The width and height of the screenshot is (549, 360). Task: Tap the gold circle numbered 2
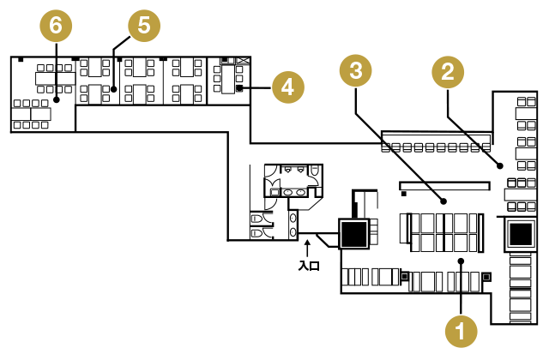coord(446,73)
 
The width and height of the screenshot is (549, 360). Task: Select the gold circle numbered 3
coord(355,72)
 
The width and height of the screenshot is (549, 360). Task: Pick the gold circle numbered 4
coord(287,87)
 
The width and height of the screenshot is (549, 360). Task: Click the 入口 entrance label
coord(308,267)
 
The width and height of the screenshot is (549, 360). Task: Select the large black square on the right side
coord(520,233)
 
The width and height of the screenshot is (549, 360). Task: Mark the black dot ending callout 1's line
coord(462,260)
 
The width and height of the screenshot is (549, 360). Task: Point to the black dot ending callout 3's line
coord(443,201)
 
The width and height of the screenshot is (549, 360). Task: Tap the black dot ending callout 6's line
coord(56,100)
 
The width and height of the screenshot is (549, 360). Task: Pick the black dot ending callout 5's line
coord(113,87)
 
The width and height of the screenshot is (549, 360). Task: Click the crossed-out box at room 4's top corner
coord(244,60)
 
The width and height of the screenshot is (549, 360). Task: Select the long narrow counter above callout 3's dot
coord(443,185)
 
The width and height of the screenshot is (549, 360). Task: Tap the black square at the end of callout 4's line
coord(240,87)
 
